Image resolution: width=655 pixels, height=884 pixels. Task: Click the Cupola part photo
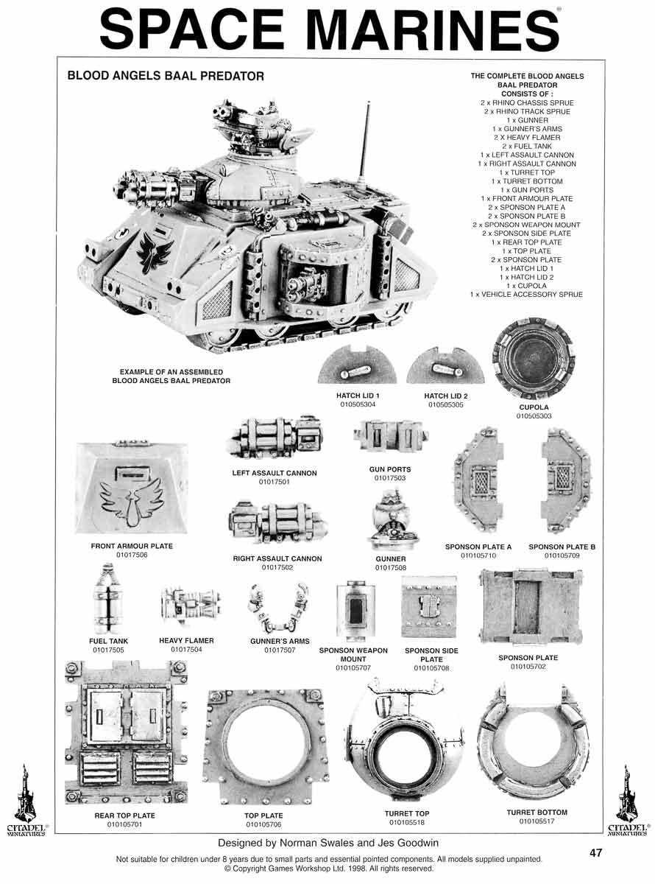(x=534, y=359)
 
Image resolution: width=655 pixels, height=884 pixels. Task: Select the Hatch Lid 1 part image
(x=357, y=365)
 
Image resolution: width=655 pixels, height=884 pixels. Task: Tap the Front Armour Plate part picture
(x=132, y=488)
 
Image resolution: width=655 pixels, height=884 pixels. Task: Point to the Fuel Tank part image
(x=108, y=599)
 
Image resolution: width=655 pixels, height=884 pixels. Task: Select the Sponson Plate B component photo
(x=565, y=480)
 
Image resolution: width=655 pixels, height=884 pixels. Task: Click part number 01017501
(x=275, y=482)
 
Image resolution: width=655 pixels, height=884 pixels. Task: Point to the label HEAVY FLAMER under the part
(x=186, y=640)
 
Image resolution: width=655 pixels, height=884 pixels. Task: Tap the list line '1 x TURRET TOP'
(x=527, y=172)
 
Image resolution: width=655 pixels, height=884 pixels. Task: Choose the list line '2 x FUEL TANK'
(x=527, y=147)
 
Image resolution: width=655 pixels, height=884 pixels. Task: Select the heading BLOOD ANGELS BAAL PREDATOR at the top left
(x=166, y=76)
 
